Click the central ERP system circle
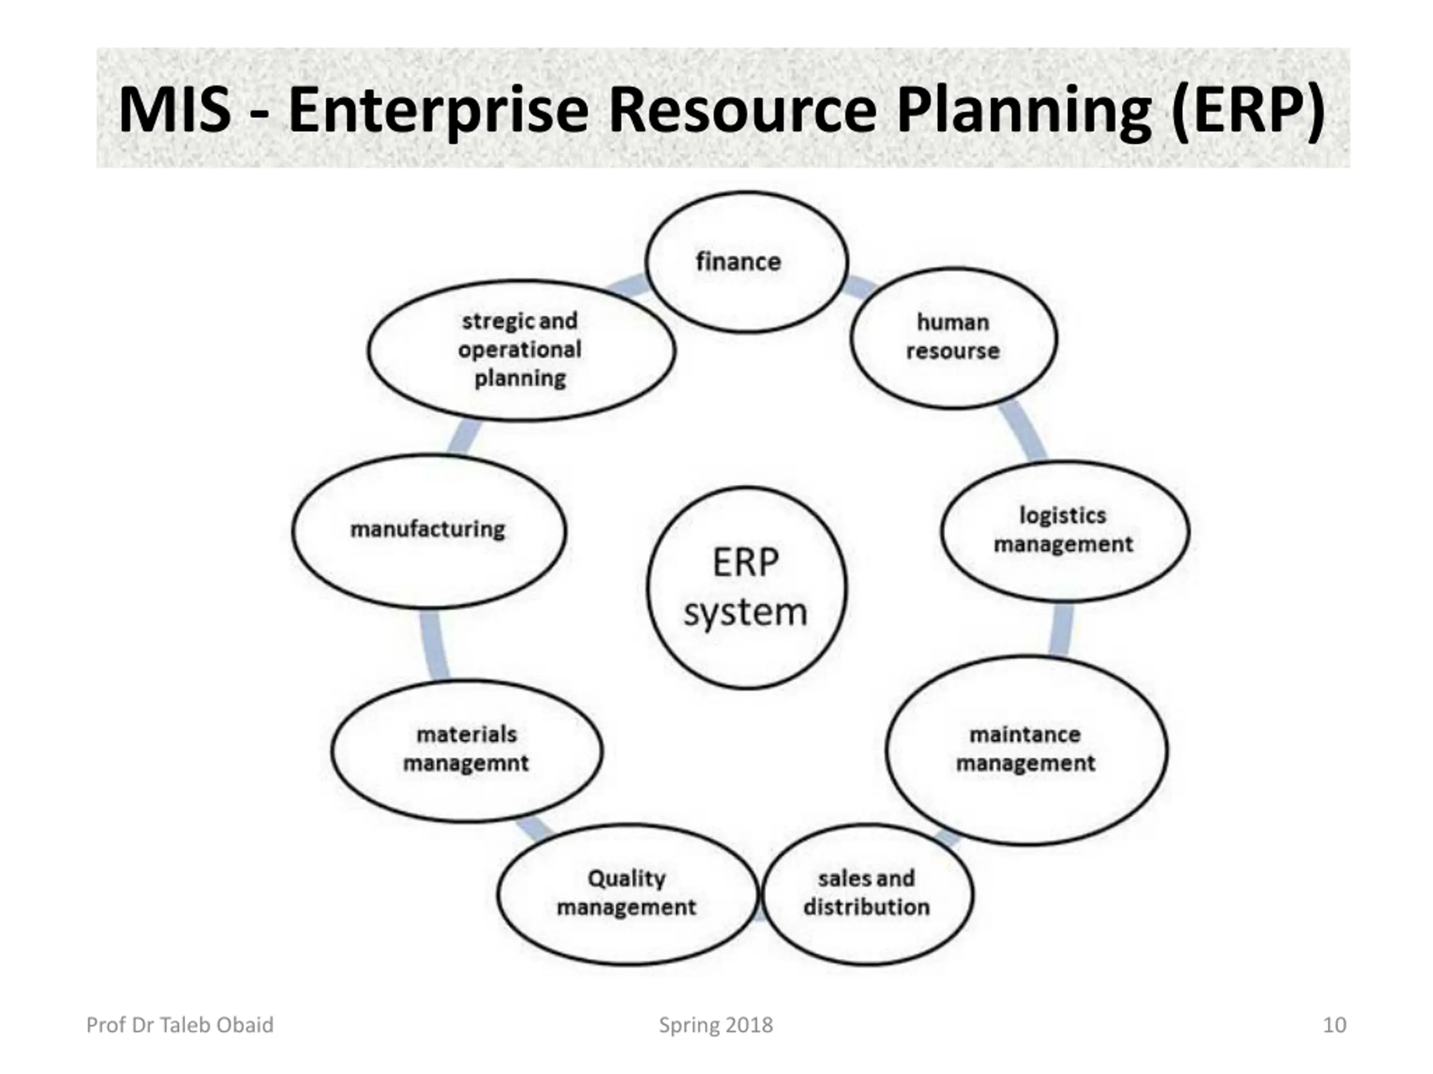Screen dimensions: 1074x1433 (x=746, y=587)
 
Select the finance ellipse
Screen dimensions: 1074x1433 (x=746, y=262)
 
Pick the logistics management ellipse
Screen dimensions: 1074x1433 (x=1064, y=530)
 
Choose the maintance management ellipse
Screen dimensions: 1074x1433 (x=1027, y=750)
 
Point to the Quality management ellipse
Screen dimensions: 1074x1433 (x=627, y=894)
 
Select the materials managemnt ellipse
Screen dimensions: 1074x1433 (x=466, y=750)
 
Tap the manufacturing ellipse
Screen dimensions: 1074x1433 (x=428, y=530)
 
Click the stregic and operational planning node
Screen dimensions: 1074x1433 (x=521, y=350)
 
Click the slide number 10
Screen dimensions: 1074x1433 (x=1334, y=1025)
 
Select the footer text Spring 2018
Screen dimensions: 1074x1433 (x=716, y=1025)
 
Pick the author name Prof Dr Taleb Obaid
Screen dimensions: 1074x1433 (x=180, y=1025)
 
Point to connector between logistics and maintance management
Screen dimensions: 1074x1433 (x=1061, y=629)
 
